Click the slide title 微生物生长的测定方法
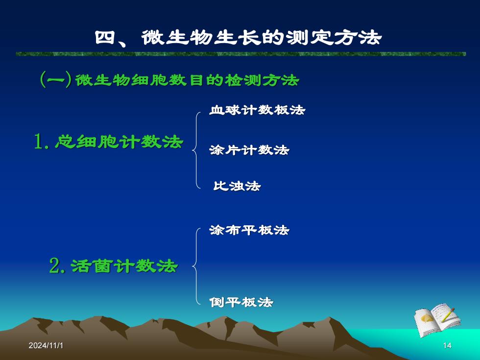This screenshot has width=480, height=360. (262, 38)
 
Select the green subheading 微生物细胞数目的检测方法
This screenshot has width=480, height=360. (187, 80)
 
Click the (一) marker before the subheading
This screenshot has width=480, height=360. (56, 79)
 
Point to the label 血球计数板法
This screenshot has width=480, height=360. (257, 110)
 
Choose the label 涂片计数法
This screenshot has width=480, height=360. (249, 150)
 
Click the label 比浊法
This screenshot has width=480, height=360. (237, 186)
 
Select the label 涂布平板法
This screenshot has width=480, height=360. (249, 230)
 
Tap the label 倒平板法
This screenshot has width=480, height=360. (241, 302)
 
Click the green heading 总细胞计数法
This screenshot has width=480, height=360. (119, 142)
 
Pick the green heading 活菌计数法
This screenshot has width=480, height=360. (124, 265)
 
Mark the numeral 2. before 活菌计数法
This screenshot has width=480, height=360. (57, 265)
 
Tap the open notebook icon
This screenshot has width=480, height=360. (437, 320)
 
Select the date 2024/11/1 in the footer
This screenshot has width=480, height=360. (46, 346)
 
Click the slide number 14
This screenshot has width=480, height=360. (447, 346)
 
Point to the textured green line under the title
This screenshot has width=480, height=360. (241, 54)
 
